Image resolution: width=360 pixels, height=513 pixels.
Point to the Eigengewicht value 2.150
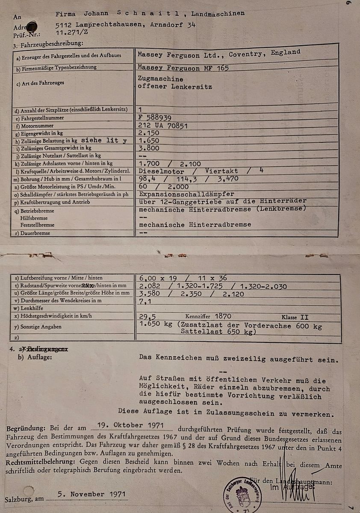(x=149, y=133)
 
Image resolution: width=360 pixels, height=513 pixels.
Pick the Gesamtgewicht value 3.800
(x=149, y=148)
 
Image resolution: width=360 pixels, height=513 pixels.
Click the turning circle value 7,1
(x=145, y=301)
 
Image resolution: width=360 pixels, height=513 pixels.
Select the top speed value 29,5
(x=147, y=317)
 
